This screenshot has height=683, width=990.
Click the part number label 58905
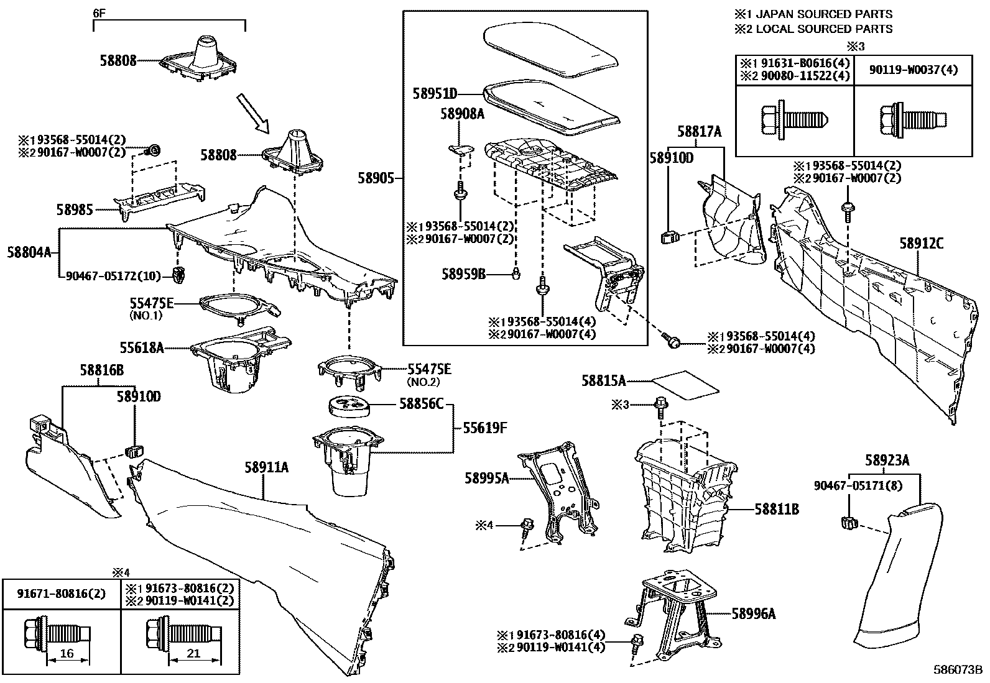tap(376, 178)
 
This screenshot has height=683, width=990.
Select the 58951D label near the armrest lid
tap(435, 94)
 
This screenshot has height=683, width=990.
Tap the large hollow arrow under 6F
tap(253, 113)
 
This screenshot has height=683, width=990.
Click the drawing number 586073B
tap(958, 671)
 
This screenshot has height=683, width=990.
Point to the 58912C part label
tap(921, 244)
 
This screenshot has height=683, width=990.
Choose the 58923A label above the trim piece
tap(887, 461)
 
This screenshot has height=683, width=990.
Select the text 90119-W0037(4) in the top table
tap(914, 70)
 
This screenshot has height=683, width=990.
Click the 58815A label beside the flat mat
tap(603, 381)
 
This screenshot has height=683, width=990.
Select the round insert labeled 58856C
tap(349, 405)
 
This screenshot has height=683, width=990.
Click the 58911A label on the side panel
tap(266, 467)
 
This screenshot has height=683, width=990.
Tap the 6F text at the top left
tap(98, 12)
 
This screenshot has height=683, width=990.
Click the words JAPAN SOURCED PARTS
tap(823, 14)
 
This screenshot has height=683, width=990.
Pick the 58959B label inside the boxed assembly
tap(463, 273)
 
